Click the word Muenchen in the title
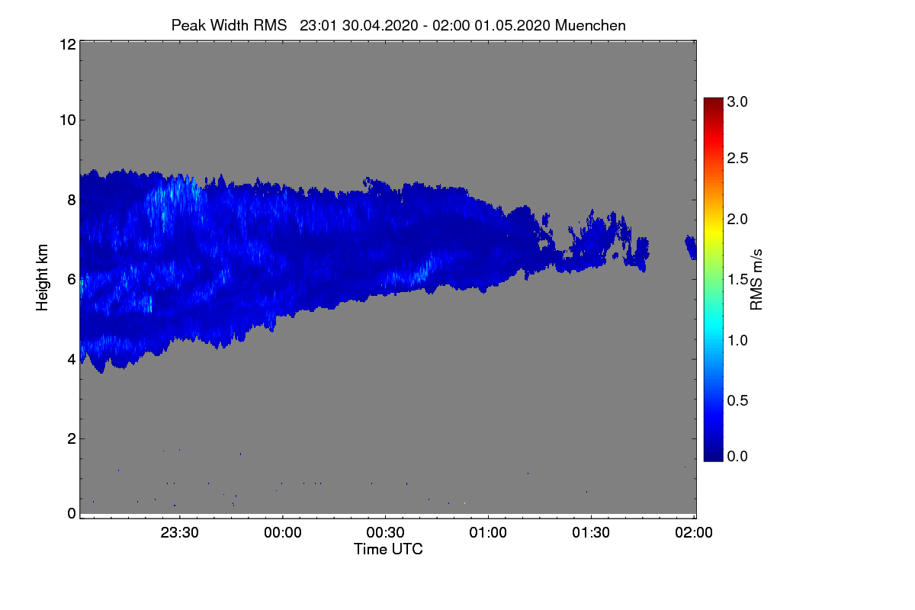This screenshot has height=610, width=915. coord(590,25)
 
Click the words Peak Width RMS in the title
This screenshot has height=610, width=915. coord(229,25)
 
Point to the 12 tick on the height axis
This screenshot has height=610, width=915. coord(67,44)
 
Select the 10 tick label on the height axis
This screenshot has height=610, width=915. coord(67,120)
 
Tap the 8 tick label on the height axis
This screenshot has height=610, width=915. coord(71,200)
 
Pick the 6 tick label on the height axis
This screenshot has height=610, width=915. coord(71,279)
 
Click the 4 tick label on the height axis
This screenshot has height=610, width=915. coord(71,358)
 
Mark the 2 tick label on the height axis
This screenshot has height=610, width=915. coord(71,438)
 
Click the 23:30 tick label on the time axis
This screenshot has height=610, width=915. coord(180,533)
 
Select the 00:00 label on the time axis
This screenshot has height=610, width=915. coord(283,533)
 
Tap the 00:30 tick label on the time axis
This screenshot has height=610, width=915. coord(386,533)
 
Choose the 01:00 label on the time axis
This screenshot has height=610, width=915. coord(488,533)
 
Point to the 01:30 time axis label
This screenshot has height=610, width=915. coord(591,533)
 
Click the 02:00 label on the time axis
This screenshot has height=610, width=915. coord(694,533)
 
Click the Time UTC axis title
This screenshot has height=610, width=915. coord(388,549)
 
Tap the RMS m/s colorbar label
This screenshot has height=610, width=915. coord(756,278)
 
